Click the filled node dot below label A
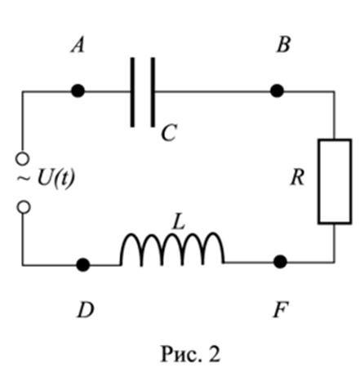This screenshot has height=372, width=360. click(x=78, y=91)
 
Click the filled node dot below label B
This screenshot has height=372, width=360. click(x=277, y=91)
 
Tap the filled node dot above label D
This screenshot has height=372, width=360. click(x=83, y=264)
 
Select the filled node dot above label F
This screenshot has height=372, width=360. click(x=280, y=262)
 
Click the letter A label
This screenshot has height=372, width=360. click(x=78, y=45)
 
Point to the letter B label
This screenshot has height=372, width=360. click(x=283, y=44)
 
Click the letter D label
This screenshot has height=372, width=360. click(x=86, y=310)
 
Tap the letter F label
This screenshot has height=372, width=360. click(x=280, y=310)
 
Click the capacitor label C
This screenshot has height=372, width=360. click(x=169, y=133)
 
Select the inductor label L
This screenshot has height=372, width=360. click(x=179, y=223)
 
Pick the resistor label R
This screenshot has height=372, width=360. click(x=297, y=178)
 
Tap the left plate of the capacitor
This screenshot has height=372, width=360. click(x=132, y=92)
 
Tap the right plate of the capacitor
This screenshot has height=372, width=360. click(x=153, y=92)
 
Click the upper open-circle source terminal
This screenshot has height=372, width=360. click(x=22, y=159)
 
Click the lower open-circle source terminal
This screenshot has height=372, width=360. click(x=24, y=207)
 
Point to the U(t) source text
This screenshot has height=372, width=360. click(x=56, y=179)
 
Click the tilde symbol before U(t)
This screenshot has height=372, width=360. click(x=24, y=178)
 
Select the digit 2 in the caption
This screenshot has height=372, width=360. click(x=215, y=354)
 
